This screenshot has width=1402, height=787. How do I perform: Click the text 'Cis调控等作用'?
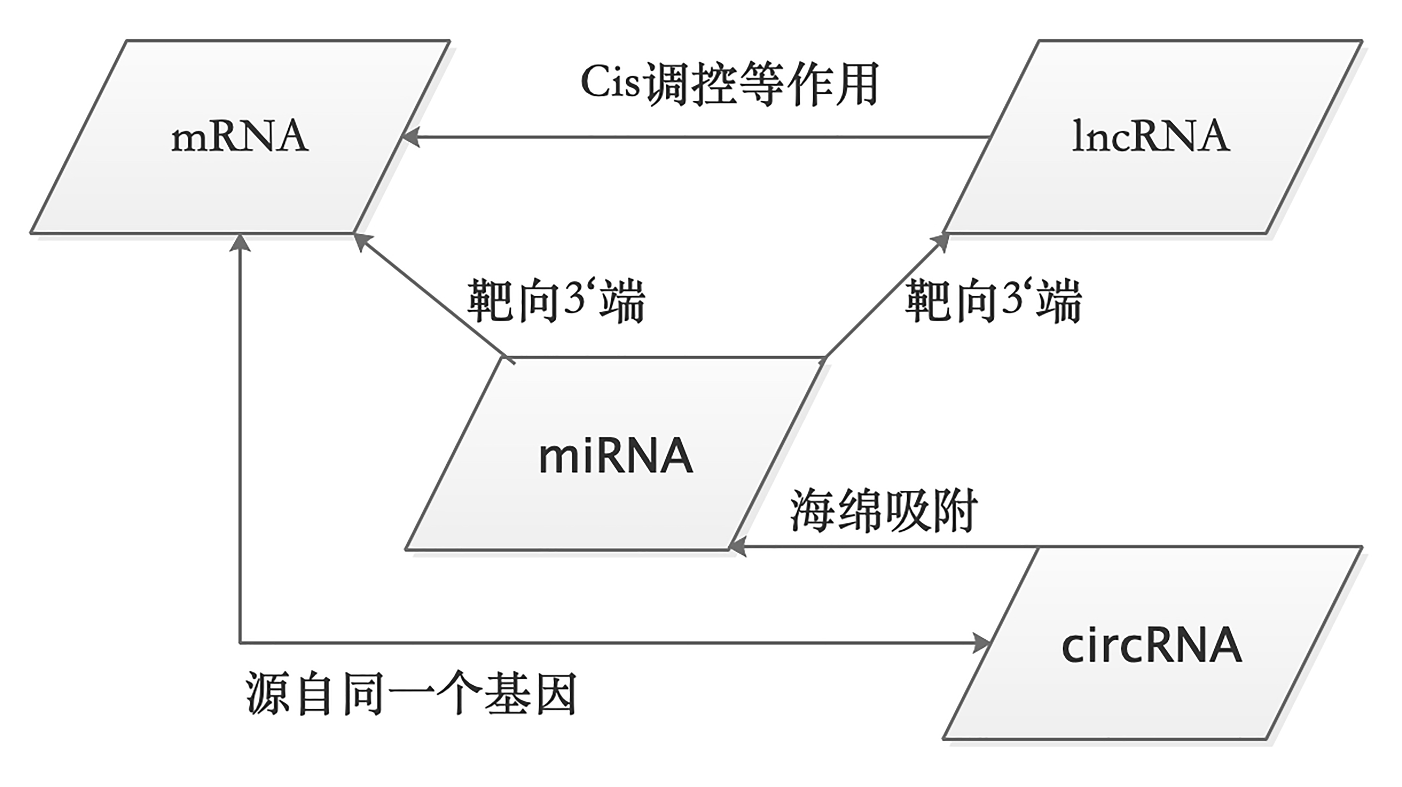pos(729,85)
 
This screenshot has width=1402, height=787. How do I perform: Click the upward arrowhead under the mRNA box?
pos(240,243)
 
